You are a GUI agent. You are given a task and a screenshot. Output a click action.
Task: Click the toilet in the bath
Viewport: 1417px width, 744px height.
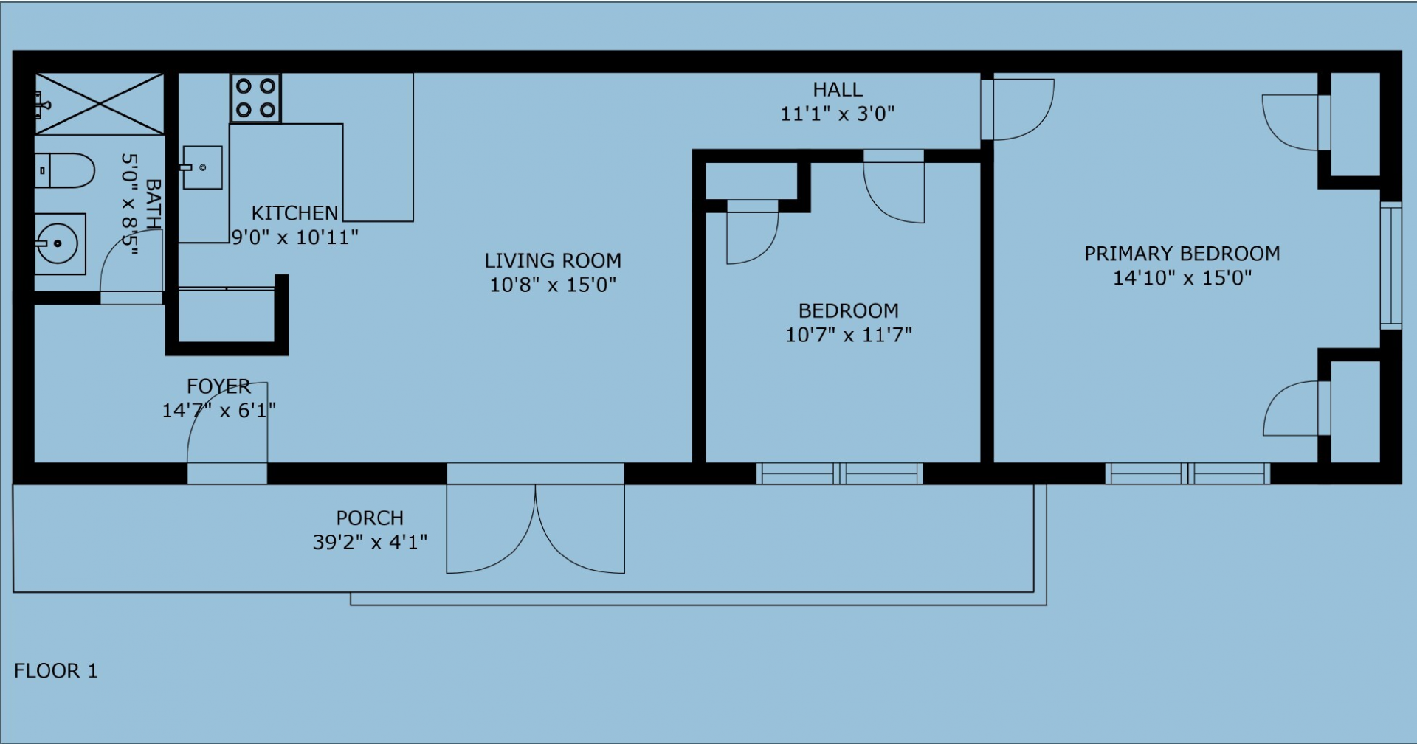tap(65, 170)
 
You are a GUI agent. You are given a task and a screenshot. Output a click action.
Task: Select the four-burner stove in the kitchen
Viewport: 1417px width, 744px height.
tap(255, 98)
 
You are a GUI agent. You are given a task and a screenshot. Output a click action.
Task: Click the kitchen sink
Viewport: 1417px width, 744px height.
tap(202, 167)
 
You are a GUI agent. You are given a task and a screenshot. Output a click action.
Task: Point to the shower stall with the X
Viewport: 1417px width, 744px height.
tap(99, 104)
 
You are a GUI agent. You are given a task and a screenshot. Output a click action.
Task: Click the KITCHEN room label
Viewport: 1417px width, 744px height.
tap(295, 213)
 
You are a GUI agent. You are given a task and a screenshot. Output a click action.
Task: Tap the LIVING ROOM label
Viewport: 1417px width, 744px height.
tap(553, 260)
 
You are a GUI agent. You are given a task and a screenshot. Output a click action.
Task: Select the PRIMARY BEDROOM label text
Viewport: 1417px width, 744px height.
tap(1182, 254)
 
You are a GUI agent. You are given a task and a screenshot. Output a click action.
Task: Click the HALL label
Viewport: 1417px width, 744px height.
tap(838, 90)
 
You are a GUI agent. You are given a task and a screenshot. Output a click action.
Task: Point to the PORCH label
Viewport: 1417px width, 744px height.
tap(370, 518)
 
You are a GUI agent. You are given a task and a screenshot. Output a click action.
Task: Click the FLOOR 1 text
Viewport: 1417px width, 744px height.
tap(56, 671)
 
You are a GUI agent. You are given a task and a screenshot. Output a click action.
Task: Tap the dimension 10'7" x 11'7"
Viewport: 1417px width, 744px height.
tap(849, 335)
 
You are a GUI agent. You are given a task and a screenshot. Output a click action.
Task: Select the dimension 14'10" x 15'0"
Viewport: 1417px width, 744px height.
tap(1182, 278)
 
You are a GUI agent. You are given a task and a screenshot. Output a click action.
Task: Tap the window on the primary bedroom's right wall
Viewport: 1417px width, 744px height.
tap(1390, 265)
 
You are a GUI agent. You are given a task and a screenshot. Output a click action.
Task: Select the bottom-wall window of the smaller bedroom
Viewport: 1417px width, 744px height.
tap(840, 473)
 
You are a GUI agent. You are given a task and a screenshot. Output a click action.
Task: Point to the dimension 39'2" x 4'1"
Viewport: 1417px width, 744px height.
tap(370, 543)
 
